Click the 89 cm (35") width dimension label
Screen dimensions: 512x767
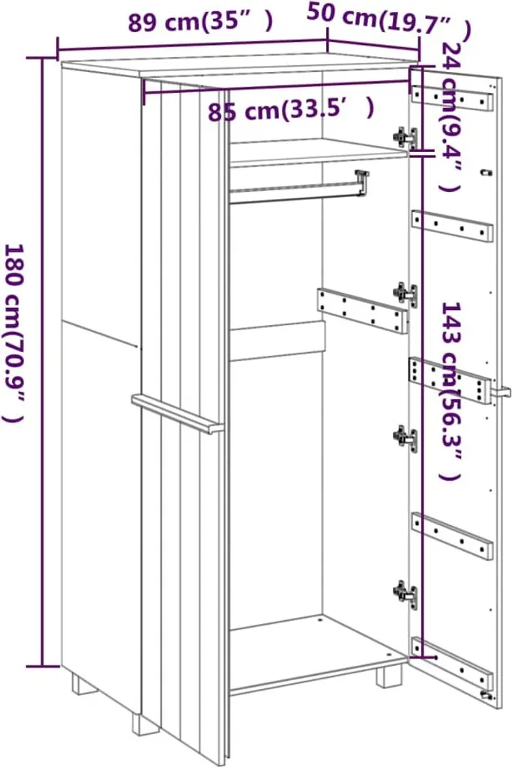click(199, 22)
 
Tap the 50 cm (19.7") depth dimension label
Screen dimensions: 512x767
click(389, 21)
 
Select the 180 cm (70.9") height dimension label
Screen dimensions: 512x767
click(13, 332)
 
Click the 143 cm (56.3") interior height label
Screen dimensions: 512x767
click(451, 390)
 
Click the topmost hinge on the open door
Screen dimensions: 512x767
click(406, 138)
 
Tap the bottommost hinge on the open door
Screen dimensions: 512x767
click(406, 594)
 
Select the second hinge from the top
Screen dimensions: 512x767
click(406, 294)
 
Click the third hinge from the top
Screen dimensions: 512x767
click(406, 438)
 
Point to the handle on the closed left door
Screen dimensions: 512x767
click(177, 413)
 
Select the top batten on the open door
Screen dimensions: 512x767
click(452, 98)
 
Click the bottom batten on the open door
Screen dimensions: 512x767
click(452, 662)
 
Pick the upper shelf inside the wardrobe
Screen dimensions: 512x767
click(318, 151)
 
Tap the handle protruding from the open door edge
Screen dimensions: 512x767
click(502, 392)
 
